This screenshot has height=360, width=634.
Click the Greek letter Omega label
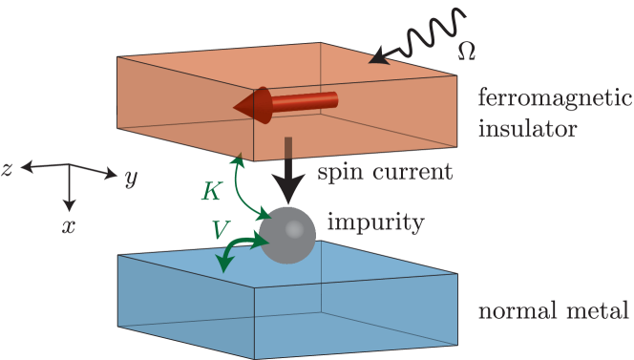[x=467, y=48]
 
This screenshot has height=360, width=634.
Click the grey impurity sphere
[x=288, y=235]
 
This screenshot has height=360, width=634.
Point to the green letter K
[x=213, y=191]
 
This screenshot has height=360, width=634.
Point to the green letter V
[x=219, y=227]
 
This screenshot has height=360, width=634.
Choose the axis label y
[x=131, y=179]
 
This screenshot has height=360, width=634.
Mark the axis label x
[x=69, y=227]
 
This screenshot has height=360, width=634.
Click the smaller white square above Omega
[x=468, y=21]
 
